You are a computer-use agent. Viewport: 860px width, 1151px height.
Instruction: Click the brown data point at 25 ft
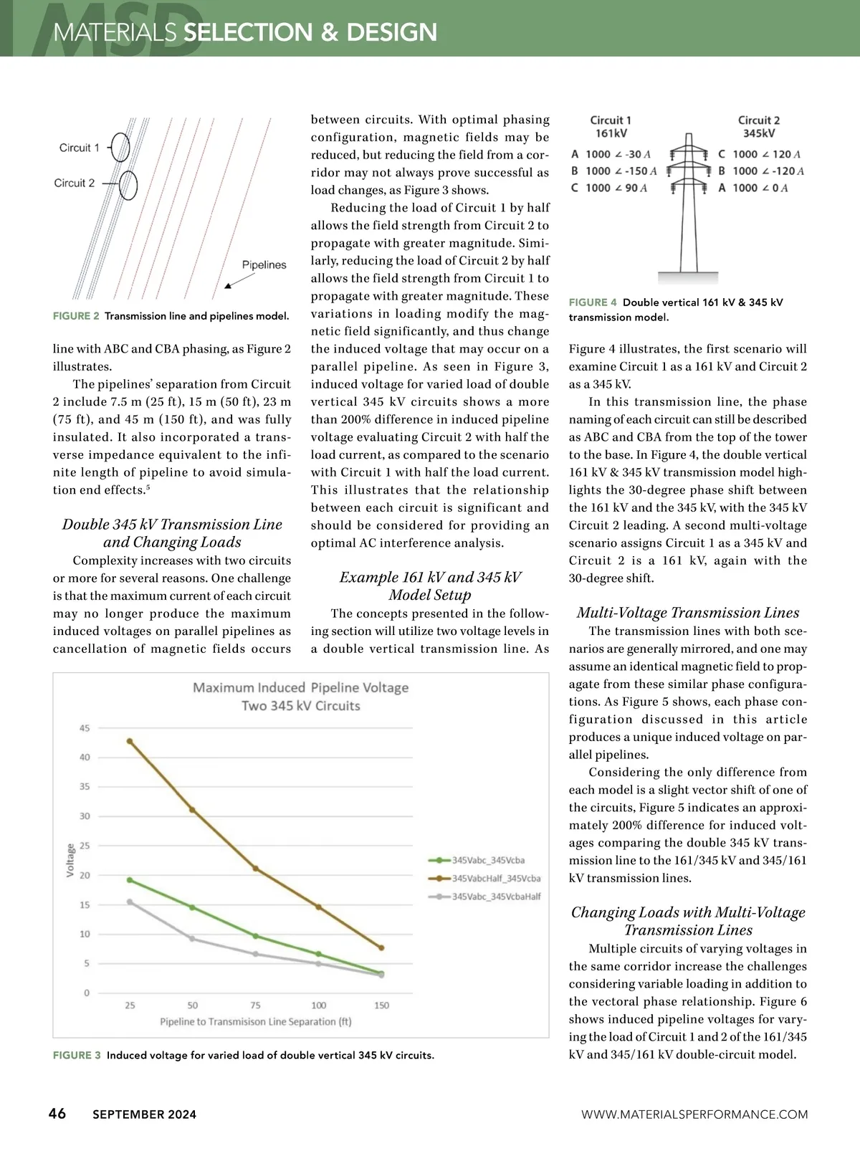pos(130,741)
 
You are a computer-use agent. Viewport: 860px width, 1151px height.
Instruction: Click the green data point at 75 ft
pos(256,936)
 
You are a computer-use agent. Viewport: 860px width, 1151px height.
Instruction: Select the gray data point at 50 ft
pos(192,938)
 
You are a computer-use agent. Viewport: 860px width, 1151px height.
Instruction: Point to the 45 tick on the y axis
pos(85,728)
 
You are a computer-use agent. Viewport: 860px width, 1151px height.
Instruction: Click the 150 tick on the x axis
pos(381,1006)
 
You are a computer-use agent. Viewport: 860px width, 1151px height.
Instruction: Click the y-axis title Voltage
pos(70,860)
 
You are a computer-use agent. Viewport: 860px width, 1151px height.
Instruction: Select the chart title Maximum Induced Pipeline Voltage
pos(300,688)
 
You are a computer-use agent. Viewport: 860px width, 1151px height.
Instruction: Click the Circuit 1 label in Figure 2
pos(80,148)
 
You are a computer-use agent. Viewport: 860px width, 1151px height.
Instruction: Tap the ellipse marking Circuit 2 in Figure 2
pos(128,186)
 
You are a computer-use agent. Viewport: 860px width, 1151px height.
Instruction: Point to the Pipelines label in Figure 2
pos(264,264)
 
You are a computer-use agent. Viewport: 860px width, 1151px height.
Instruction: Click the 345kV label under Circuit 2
pos(758,133)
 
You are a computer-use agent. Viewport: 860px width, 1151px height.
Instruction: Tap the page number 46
pos(57,1113)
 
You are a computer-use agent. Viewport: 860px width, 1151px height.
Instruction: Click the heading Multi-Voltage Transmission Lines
pos(687,613)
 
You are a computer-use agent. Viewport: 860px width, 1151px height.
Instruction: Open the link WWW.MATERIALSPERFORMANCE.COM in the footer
pos(694,1114)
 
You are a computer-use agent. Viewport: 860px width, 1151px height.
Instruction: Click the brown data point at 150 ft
pos(381,947)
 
